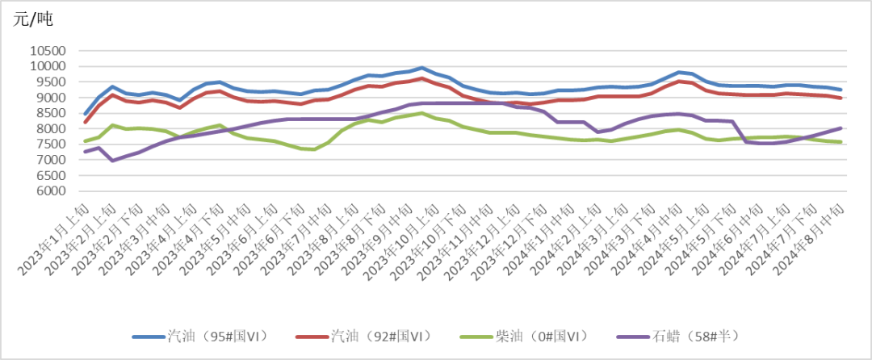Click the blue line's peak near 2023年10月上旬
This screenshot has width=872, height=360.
(421, 69)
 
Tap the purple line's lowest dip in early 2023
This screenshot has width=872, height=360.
(113, 161)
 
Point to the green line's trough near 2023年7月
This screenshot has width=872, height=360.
(314, 149)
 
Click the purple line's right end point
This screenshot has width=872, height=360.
(841, 128)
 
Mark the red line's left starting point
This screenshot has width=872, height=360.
(86, 123)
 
